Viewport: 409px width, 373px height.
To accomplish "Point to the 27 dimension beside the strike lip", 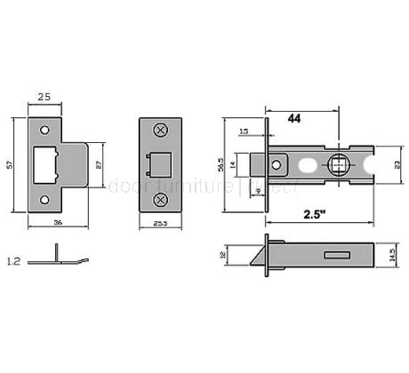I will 99,164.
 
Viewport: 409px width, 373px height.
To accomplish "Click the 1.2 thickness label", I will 13,261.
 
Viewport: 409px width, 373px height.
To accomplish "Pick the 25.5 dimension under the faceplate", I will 161,224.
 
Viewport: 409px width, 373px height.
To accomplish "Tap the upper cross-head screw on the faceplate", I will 161,131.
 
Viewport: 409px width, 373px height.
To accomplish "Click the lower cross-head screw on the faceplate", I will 161,200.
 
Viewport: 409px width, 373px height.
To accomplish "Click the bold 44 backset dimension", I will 294,117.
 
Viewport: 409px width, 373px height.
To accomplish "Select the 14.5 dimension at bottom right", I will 394,255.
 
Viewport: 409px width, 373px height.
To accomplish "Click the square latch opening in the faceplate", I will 161,165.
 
